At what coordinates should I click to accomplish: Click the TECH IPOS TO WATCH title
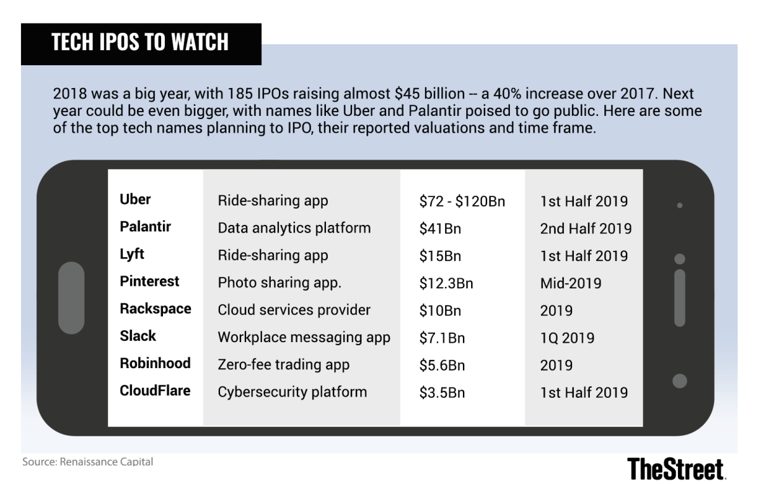click(x=140, y=42)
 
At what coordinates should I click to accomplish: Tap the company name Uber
click(x=135, y=199)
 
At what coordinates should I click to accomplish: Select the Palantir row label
click(x=145, y=226)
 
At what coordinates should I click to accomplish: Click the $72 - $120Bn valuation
click(x=462, y=201)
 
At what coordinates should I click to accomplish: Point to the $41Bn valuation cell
click(x=440, y=229)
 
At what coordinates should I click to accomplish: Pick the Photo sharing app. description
click(x=280, y=283)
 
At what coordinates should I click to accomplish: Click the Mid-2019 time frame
click(x=571, y=283)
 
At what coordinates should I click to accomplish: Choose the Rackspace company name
click(x=155, y=309)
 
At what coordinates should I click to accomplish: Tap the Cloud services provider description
click(x=294, y=310)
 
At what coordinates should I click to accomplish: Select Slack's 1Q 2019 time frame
click(x=567, y=338)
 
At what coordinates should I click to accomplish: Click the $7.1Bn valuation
click(x=442, y=338)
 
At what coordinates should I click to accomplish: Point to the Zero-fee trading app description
click(x=283, y=365)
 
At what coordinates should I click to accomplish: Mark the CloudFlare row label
click(x=155, y=391)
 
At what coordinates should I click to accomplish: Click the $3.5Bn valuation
click(x=442, y=392)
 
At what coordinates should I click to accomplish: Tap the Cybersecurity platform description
click(x=292, y=392)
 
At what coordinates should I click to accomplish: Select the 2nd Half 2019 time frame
click(x=586, y=229)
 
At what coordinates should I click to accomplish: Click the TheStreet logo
click(x=676, y=468)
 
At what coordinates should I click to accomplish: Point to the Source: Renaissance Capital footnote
click(x=88, y=462)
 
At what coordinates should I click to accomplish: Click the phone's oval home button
click(x=71, y=298)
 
